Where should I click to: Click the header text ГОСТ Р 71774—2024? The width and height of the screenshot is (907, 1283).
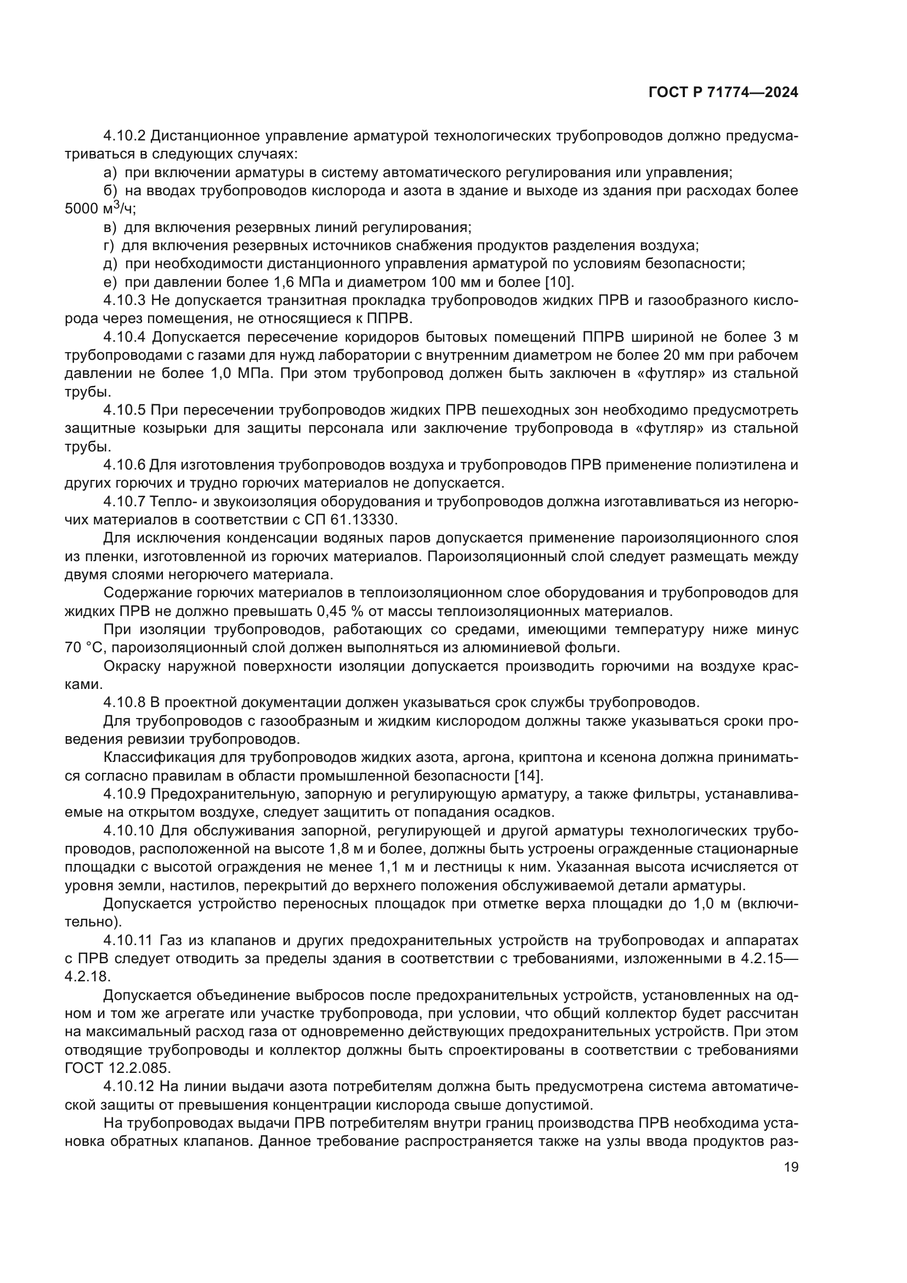coord(723,93)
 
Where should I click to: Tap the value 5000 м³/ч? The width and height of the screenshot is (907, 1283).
coord(100,209)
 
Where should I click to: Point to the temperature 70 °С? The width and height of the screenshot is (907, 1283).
coord(84,648)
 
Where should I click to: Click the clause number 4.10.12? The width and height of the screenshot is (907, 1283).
coord(129,1086)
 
